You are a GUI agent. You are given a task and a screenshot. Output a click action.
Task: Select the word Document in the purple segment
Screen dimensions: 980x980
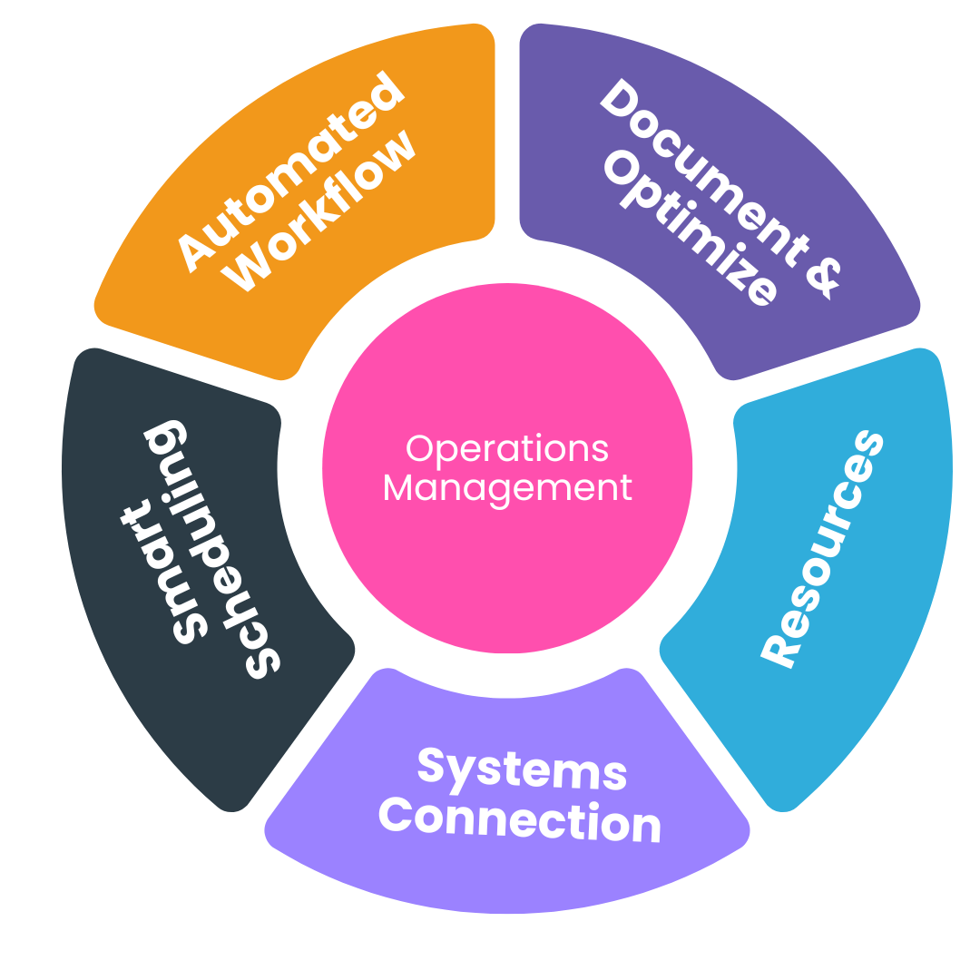(704, 169)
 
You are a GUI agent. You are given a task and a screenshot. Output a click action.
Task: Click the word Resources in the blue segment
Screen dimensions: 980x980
(822, 548)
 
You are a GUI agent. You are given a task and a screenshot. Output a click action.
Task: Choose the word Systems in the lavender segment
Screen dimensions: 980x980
(522, 769)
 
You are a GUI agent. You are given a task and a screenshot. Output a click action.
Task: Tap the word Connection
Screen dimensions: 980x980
(519, 821)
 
